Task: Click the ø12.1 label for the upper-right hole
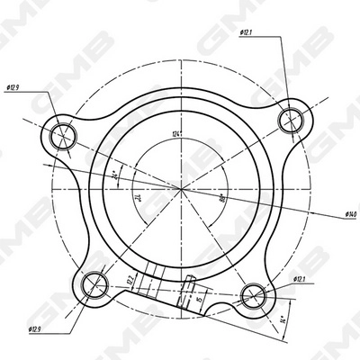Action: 245,33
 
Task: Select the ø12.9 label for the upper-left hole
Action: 13,87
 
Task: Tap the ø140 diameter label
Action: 351,214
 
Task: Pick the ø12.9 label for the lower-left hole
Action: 35,330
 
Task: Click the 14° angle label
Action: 283,317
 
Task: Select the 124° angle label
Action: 179,135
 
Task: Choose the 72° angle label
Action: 139,195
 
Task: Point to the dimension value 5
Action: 200,296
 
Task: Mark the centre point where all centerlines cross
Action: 182,190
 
